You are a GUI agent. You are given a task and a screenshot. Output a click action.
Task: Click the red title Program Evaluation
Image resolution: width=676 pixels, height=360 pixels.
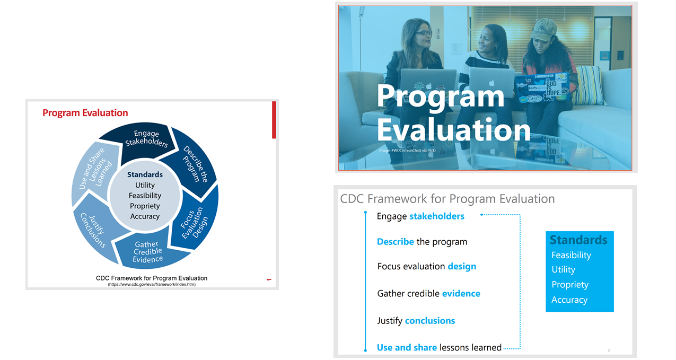click(x=85, y=113)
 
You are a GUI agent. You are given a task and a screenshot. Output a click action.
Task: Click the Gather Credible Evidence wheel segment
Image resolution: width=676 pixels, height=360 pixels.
click(x=147, y=252)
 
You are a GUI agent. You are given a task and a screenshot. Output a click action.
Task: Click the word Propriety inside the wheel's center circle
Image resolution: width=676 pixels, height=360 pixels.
click(x=145, y=206)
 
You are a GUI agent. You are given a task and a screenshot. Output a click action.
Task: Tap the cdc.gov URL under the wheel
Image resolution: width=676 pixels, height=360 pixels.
click(x=152, y=285)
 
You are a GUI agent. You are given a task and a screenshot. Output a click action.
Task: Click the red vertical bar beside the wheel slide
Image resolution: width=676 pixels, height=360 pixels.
click(x=274, y=120)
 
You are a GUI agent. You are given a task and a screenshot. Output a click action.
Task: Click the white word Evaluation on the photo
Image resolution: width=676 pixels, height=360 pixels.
click(x=453, y=130)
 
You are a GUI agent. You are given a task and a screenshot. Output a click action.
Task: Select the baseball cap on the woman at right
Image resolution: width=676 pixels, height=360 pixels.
click(x=544, y=30)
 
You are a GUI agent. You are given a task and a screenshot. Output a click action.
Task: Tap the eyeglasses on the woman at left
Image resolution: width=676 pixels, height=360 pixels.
click(x=423, y=33)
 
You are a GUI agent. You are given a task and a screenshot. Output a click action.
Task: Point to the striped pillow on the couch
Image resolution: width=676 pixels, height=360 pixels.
click(x=589, y=84)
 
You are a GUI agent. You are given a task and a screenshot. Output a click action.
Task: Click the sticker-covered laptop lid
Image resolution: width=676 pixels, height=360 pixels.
click(x=541, y=87)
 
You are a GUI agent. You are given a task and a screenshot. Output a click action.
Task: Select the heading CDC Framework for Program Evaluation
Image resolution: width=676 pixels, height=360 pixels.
click(x=447, y=199)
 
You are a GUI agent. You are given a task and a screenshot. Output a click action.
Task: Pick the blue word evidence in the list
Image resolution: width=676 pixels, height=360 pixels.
click(x=461, y=293)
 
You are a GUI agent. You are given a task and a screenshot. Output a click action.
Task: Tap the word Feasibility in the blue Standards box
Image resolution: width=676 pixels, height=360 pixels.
click(x=571, y=255)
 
